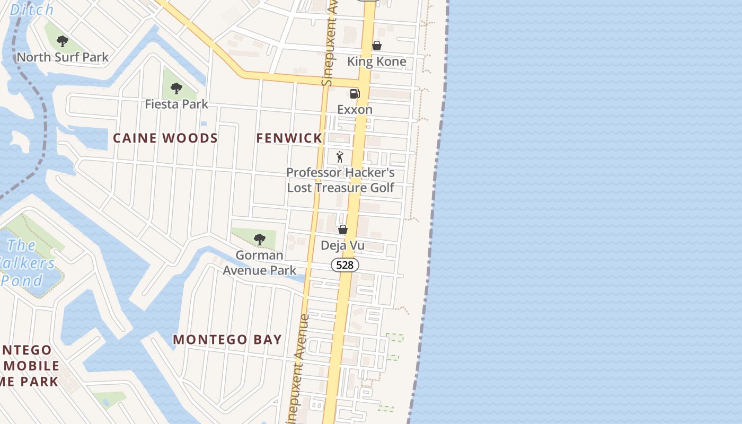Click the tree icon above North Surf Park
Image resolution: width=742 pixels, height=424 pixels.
pos(63,41)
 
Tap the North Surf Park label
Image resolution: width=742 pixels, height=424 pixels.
pos(63,57)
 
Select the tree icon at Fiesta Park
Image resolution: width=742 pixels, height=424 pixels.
pos(176,89)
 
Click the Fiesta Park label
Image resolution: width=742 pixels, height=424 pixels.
pos(176,104)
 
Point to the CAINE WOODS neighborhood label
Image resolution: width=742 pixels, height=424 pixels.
pos(165,138)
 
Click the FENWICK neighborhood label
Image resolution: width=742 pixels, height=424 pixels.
pos(289,138)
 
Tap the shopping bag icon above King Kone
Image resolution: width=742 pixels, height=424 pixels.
pos(376,46)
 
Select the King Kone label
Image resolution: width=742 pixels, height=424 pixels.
pos(376,61)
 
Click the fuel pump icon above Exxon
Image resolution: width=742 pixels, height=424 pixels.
pos(355,94)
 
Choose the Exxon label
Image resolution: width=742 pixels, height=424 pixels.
pos(355,110)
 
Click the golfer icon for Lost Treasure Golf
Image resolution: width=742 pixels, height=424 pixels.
pos(340,157)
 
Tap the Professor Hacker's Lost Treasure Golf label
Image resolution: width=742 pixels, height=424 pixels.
pos(340,180)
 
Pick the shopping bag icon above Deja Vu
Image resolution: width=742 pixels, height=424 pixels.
pos(343,229)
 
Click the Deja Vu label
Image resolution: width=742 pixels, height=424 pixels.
pos(343,245)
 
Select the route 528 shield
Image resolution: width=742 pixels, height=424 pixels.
pos(344,264)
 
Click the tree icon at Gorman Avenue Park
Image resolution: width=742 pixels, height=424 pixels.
pos(259,240)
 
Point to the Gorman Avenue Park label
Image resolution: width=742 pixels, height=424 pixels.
pos(259,262)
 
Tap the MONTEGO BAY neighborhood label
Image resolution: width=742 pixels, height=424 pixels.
pos(227,340)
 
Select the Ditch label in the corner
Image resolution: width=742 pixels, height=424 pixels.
pos(32,10)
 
